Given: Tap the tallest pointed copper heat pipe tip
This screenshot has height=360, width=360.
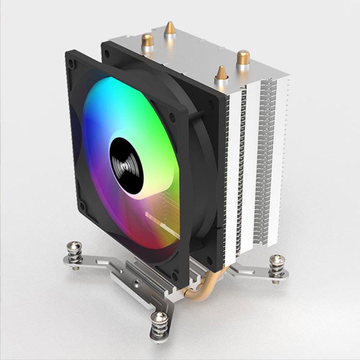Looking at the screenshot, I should (169, 29).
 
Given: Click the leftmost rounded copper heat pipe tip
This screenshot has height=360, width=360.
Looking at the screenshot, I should (147, 40).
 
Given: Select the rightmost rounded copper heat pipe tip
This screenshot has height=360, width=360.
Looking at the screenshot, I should (243, 57).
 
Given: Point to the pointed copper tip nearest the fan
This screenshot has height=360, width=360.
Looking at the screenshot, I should (221, 73).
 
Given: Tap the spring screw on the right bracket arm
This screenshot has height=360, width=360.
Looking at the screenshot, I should (277, 265).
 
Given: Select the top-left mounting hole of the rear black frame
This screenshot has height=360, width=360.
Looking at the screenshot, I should (106, 47).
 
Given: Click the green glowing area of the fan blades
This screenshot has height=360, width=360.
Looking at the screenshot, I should (144, 110).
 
